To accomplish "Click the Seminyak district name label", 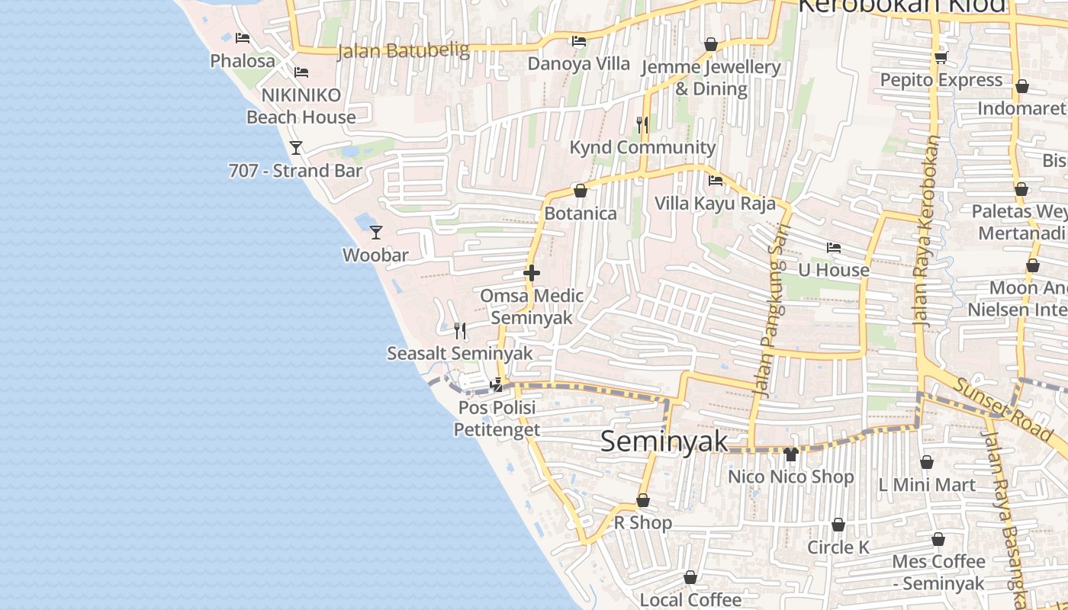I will coord(664,441).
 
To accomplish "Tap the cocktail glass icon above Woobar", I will coord(375,232).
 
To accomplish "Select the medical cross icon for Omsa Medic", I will coord(532,273).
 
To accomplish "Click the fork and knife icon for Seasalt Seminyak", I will coord(460,330).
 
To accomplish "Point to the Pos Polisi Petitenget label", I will coord(497,419).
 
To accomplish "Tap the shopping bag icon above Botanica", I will coord(580,191).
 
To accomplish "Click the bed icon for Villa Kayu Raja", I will coord(716,181).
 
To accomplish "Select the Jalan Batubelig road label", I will coord(403,51).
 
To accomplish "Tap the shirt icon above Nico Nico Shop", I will coord(790,454).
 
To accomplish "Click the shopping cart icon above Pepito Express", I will coord(941,57).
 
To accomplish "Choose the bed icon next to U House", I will coord(833,248).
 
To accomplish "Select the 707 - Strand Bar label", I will coord(295,171).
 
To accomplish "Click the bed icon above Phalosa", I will coord(243,38).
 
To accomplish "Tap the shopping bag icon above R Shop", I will coord(643,500).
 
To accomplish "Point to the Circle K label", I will coord(838,547).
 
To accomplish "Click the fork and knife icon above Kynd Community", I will coord(642,124).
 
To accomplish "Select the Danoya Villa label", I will coord(579,63).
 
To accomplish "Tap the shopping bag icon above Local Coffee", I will coord(690,578).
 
